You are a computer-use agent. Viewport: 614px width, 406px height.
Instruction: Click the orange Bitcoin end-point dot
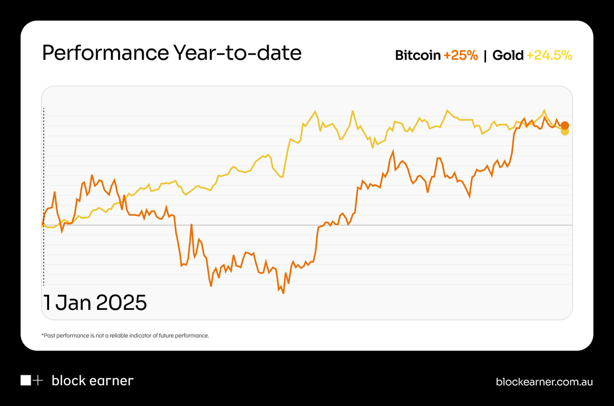click(x=564, y=125)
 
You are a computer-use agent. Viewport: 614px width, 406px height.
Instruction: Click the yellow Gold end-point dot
click(x=564, y=131)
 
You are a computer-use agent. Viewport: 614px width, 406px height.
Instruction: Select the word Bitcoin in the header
click(x=418, y=56)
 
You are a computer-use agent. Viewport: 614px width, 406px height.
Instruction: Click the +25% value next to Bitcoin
click(x=461, y=56)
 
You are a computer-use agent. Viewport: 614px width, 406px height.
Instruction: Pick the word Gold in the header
click(x=508, y=56)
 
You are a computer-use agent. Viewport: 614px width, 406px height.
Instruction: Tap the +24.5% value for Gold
click(x=549, y=56)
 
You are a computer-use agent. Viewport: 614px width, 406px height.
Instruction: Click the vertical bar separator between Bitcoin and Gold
click(x=485, y=56)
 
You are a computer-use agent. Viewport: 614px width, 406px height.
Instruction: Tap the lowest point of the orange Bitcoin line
click(x=283, y=294)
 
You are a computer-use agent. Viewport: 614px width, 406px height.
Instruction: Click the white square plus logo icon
click(x=32, y=380)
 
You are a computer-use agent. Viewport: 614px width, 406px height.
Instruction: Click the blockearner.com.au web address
click(x=544, y=381)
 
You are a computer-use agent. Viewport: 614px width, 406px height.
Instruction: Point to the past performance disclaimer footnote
click(x=125, y=336)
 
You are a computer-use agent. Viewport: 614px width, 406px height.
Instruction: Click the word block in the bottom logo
click(x=69, y=381)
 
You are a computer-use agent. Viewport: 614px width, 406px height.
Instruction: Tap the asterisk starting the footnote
click(x=42, y=335)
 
